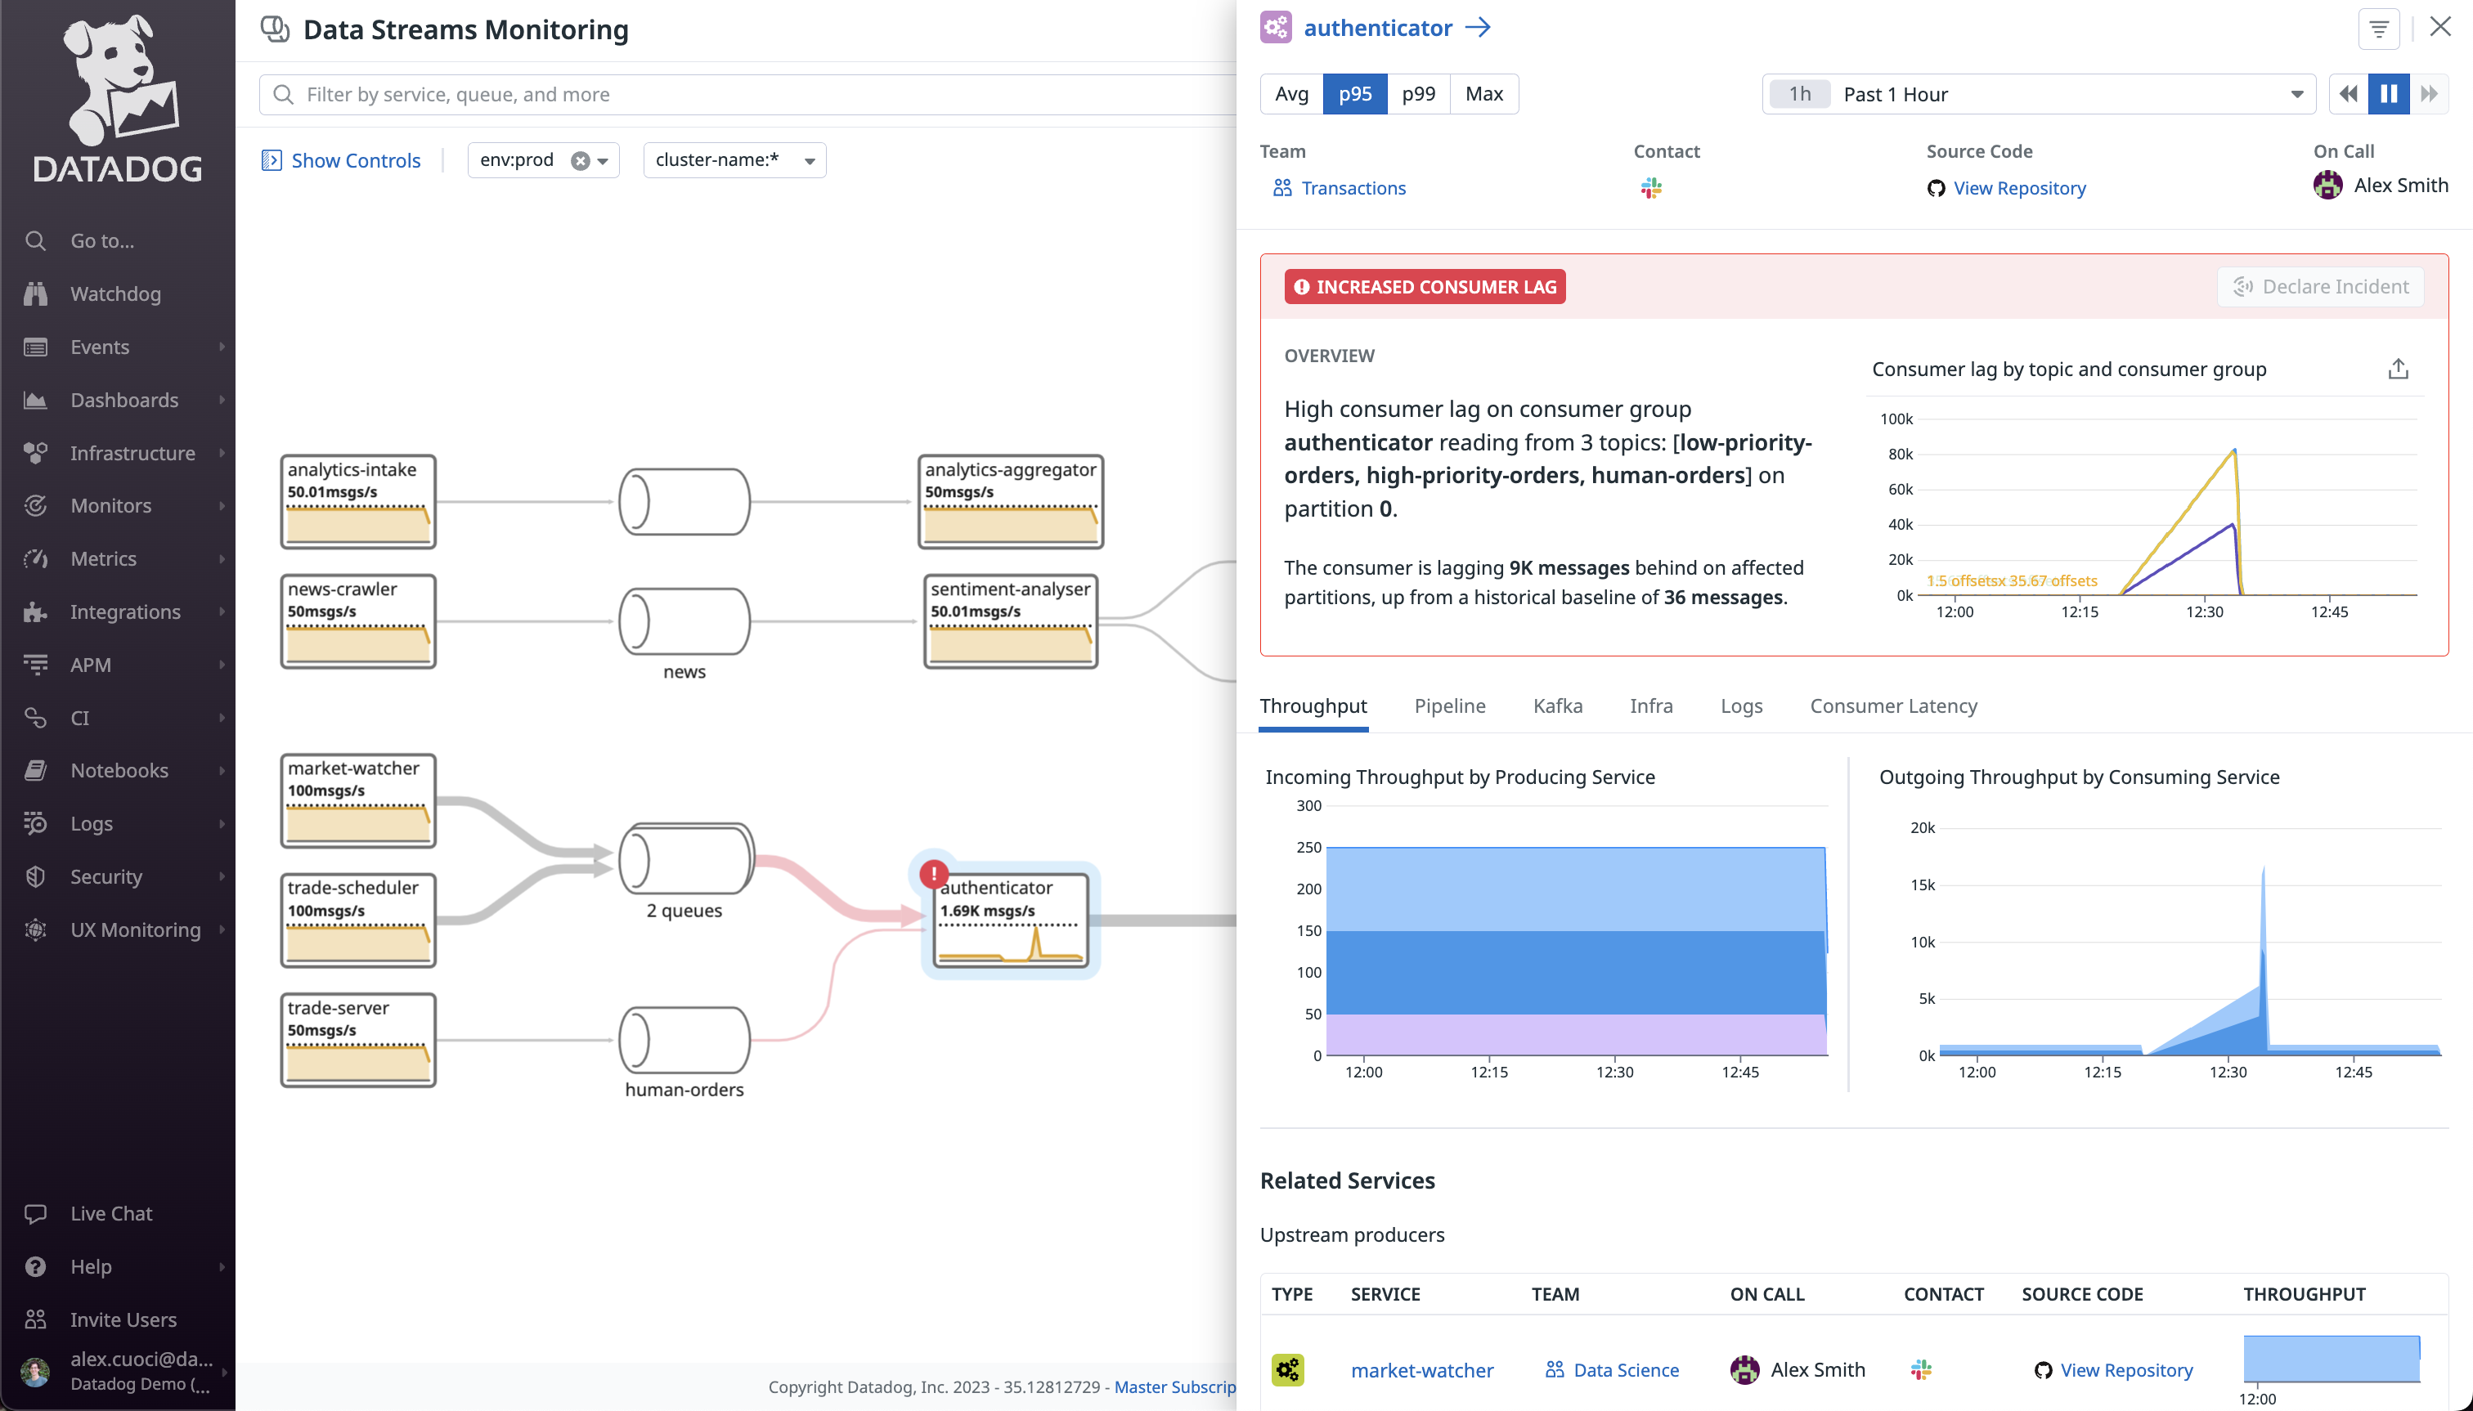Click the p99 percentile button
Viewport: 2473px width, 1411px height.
click(1417, 94)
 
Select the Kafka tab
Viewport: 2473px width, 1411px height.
click(1557, 705)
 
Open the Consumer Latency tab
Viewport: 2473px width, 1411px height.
click(1892, 705)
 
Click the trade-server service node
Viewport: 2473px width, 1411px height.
click(357, 1040)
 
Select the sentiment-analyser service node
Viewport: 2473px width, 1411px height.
click(1010, 621)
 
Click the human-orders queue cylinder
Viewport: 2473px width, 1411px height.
click(684, 1040)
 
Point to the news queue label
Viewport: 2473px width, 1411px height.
click(684, 672)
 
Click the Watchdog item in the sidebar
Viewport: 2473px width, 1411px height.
click(115, 293)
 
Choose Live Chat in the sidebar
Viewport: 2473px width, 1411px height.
click(110, 1213)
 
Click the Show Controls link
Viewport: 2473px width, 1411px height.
click(355, 161)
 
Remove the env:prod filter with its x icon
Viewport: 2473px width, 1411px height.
click(580, 161)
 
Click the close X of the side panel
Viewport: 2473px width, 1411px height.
click(2439, 27)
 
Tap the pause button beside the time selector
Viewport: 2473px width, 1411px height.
click(2388, 94)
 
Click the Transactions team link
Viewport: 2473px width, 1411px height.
click(1353, 188)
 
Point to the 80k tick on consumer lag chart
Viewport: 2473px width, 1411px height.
click(1899, 454)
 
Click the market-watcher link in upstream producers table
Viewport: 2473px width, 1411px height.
click(1421, 1369)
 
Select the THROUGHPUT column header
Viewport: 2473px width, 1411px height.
click(2304, 1294)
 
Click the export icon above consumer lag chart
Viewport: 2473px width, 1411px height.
click(2398, 370)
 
